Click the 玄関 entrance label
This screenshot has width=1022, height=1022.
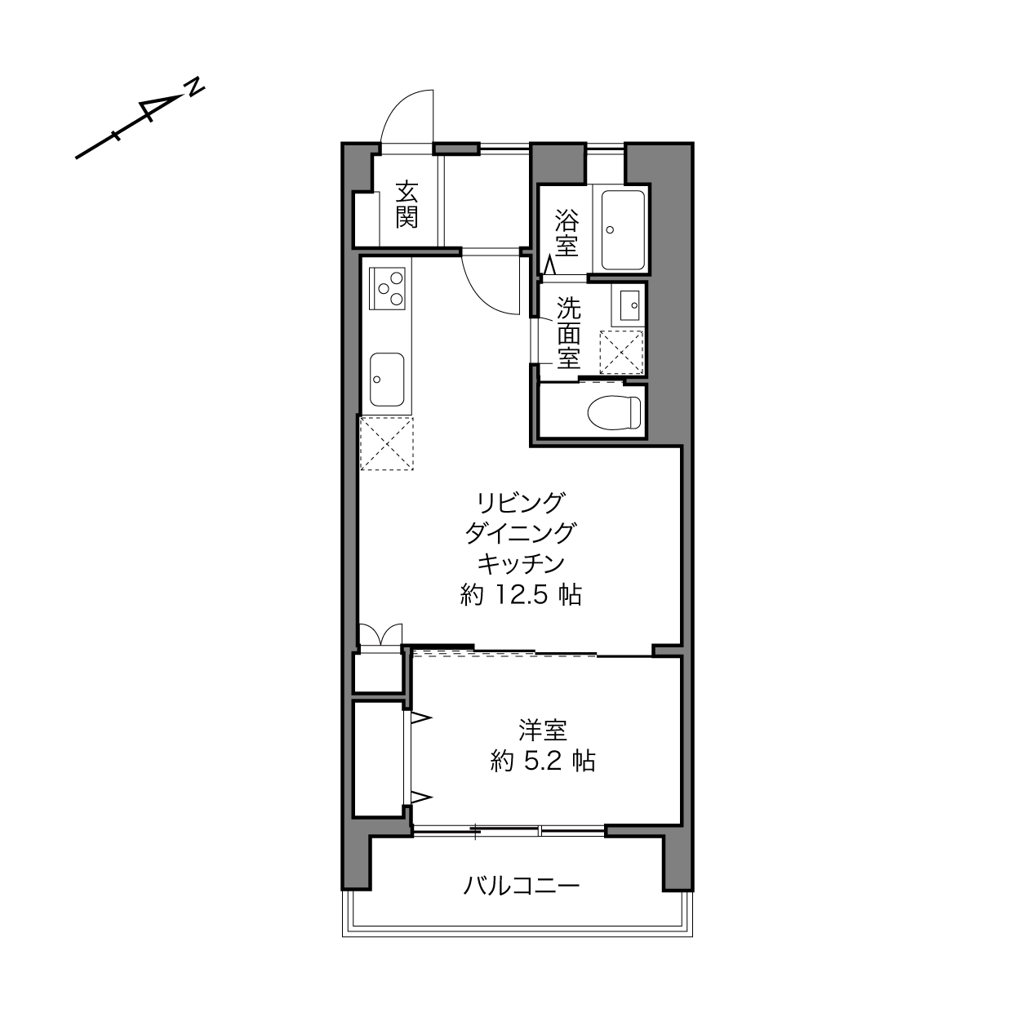click(407, 204)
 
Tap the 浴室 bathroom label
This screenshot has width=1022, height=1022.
click(567, 233)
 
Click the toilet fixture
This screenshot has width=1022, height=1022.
click(615, 412)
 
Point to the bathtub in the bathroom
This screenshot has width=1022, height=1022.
click(623, 230)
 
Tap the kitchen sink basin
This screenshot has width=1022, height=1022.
click(387, 379)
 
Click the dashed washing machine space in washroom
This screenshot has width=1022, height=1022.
click(621, 352)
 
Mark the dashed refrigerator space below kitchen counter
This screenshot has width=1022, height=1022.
click(387, 443)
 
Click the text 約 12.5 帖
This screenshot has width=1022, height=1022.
click(521, 595)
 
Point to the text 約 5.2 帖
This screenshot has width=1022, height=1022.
click(543, 762)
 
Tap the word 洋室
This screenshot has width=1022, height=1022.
click(543, 731)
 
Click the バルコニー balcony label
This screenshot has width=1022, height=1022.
click(522, 885)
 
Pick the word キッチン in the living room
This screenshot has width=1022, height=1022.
click(520, 564)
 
